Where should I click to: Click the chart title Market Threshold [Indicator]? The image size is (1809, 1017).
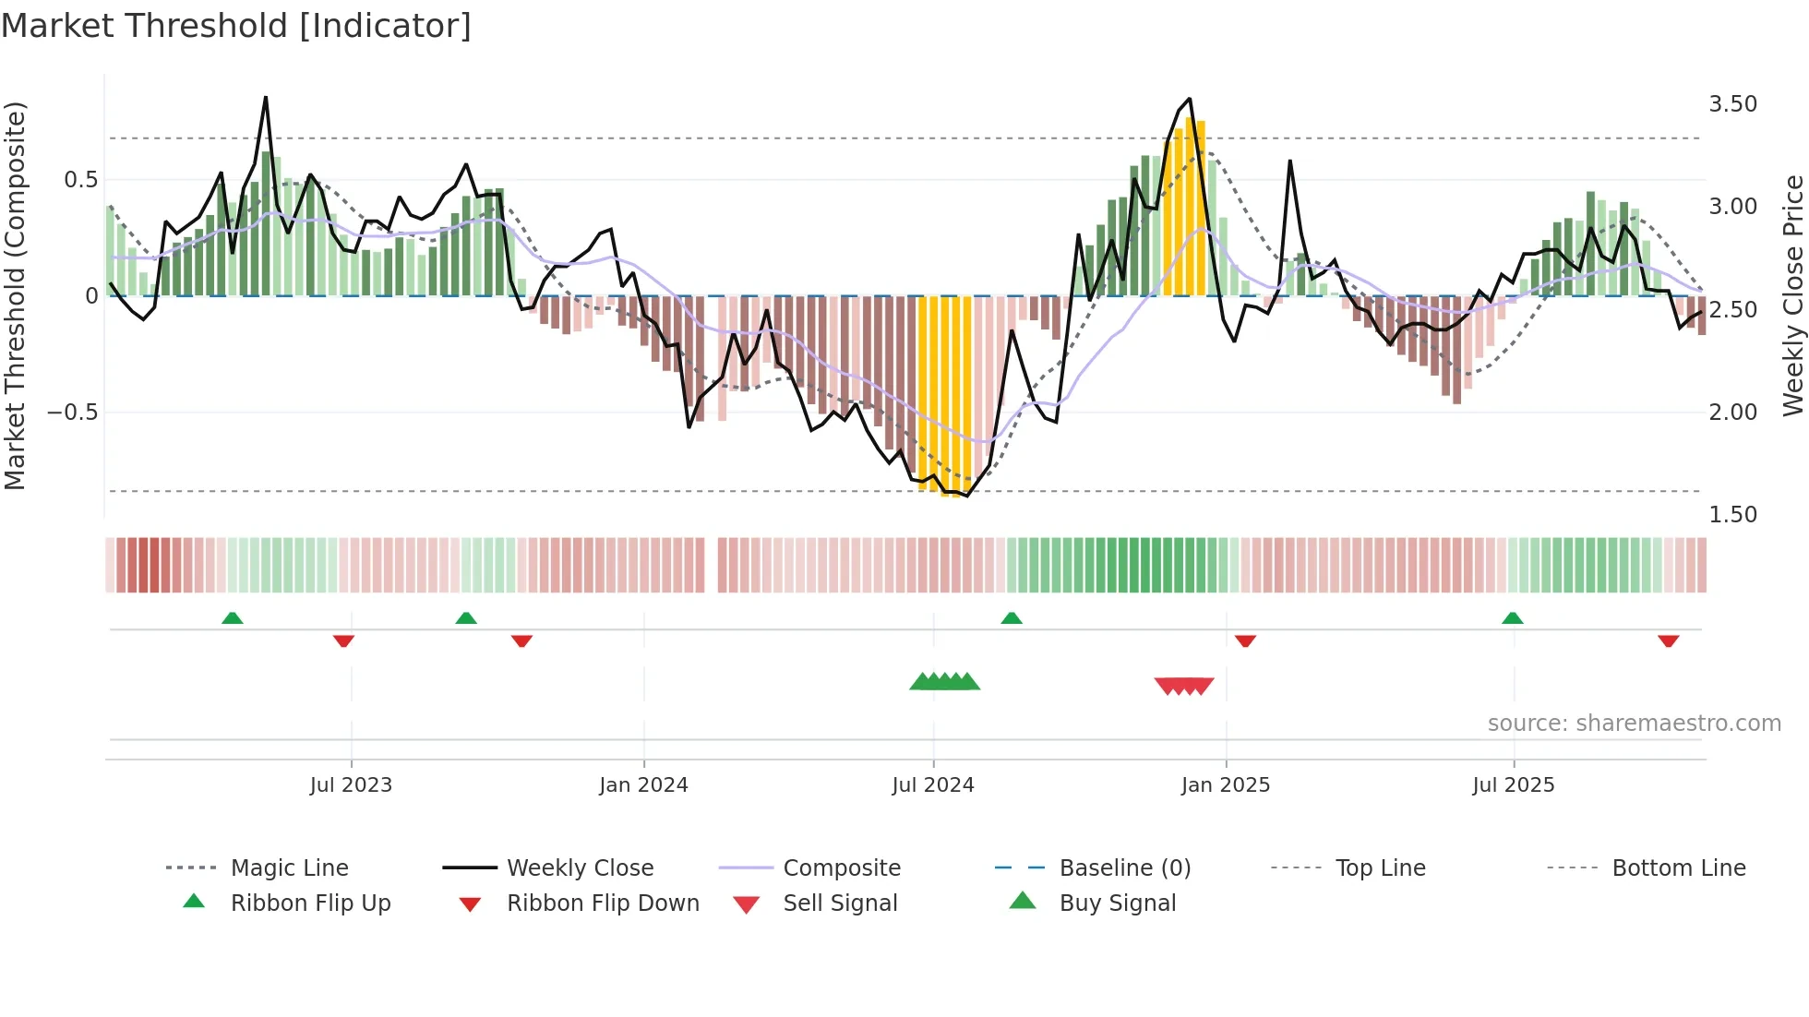tap(236, 26)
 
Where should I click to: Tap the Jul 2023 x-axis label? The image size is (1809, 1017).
tap(351, 785)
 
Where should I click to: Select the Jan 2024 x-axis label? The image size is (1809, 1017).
tap(643, 785)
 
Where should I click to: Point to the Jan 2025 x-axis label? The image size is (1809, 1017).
tap(1226, 785)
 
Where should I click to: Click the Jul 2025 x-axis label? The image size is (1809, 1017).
tap(1514, 785)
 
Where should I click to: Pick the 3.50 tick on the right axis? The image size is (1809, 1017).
tap(1732, 104)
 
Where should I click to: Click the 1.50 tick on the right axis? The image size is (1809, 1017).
tap(1732, 515)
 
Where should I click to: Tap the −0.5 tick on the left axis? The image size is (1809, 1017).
tap(72, 413)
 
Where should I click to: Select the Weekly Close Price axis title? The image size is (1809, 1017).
tap(1792, 295)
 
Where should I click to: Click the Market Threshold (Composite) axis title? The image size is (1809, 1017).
tap(15, 295)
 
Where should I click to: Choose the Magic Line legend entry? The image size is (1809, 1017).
tap(289, 868)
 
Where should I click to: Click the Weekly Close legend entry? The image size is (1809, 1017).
tap(580, 868)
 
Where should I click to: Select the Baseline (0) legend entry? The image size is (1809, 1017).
tap(1124, 868)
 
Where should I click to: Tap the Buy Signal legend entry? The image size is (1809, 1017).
tap(1117, 903)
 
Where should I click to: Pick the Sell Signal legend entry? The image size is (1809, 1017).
tap(840, 903)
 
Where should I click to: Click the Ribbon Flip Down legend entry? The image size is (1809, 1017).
tap(603, 903)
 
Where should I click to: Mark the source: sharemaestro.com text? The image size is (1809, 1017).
tap(1634, 724)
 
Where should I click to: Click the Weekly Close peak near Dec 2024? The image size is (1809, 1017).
tap(1189, 99)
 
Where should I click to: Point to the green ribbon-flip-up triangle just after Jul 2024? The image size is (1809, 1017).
tap(1012, 618)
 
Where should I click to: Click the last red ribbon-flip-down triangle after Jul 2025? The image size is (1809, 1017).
tap(1668, 640)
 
